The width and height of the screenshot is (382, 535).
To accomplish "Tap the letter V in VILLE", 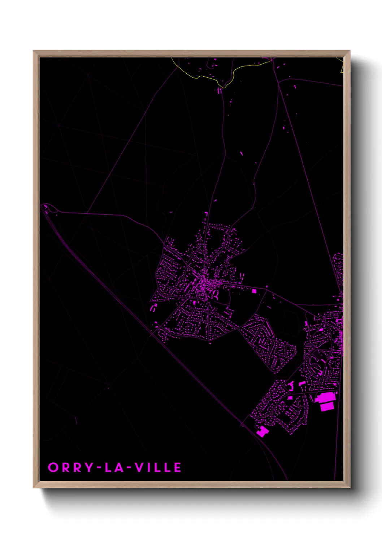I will click(x=139, y=467).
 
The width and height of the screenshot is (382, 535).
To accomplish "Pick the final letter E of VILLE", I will click(x=178, y=467).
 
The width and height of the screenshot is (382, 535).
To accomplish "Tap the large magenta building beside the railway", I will click(x=262, y=431).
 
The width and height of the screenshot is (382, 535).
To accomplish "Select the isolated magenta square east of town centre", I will click(x=254, y=291).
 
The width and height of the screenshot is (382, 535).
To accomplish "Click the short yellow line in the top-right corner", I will click(x=342, y=65).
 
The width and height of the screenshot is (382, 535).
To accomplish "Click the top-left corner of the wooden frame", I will click(x=34, y=51).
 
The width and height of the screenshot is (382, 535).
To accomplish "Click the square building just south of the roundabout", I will click(x=290, y=398).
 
